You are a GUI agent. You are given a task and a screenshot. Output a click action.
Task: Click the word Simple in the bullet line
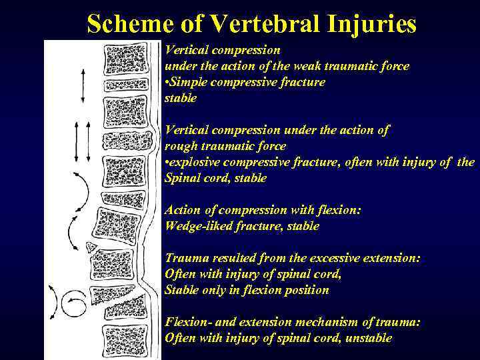point(192,82)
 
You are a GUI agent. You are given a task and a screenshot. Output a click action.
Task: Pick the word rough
point(179,146)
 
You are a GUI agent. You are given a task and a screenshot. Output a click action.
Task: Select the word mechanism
point(319,322)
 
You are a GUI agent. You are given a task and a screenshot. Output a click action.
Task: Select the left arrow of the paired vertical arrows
point(77,141)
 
